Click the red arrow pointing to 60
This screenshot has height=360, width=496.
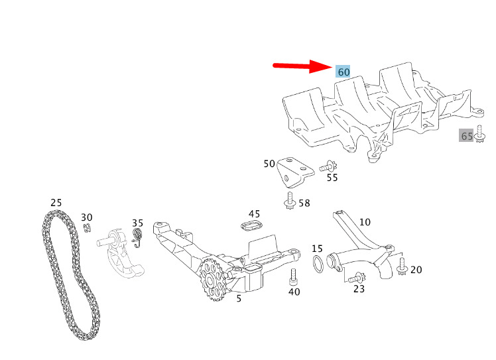coord(302,66)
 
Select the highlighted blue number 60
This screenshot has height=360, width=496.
coord(343,72)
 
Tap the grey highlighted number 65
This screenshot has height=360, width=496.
coord(467,136)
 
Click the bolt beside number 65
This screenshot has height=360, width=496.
coord(480,133)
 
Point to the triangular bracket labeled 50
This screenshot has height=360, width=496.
coord(295,172)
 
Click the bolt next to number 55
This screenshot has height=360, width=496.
coord(328,166)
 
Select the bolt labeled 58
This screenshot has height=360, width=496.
coord(290,201)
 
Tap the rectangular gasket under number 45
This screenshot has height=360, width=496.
coord(252,226)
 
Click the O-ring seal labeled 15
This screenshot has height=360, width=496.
coord(318,264)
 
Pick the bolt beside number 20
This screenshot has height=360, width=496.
coord(402,267)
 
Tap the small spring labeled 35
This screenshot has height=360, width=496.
coord(137,237)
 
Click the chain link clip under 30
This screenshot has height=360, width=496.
coord(88,228)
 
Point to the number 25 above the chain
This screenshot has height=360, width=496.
coord(56,202)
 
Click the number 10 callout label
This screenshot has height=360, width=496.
coord(365,222)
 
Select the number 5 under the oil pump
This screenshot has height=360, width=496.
coord(239,298)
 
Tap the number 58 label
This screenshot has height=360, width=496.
coord(304,203)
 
